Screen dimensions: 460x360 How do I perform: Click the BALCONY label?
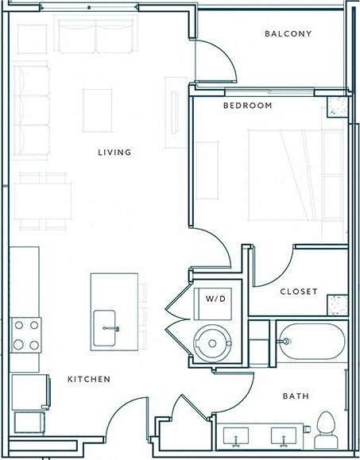point(288,34)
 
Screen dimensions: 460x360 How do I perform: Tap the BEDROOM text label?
point(247,106)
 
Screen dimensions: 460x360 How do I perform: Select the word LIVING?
point(114,153)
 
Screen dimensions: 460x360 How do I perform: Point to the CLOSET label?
point(299,292)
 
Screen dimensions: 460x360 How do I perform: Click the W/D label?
point(215,300)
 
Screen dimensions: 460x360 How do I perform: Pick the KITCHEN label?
point(88,380)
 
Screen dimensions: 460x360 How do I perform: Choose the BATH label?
point(296,396)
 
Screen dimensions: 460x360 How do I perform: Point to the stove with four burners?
point(25,334)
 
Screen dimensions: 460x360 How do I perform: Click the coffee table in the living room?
point(98,109)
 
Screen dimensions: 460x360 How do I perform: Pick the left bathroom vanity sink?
point(236,436)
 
